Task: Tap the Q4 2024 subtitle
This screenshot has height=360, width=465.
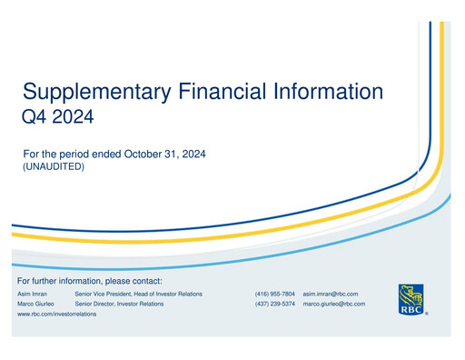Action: [57, 116]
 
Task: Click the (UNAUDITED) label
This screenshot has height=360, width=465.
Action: [53, 167]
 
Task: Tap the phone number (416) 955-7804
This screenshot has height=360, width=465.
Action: [274, 295]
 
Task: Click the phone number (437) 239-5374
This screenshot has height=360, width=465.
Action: [274, 305]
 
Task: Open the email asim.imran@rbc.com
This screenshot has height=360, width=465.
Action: [331, 295]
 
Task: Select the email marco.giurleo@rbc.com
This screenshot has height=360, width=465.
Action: [334, 305]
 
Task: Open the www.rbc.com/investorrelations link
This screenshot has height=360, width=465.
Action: [56, 315]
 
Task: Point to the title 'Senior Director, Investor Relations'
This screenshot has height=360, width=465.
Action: [119, 305]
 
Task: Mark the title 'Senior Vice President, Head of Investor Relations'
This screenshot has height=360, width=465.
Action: [138, 295]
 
